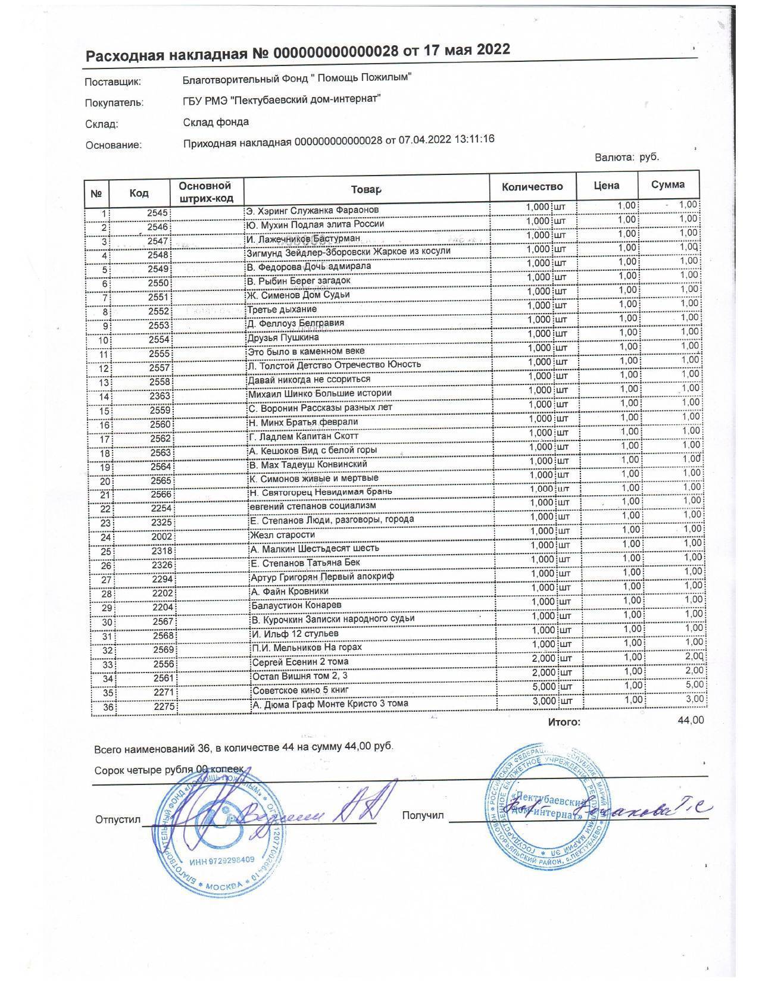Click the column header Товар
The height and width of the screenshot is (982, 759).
(x=365, y=189)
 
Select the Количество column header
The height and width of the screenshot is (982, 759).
(x=532, y=187)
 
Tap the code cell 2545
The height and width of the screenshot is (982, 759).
(x=158, y=213)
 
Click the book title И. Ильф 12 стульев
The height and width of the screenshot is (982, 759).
(x=295, y=633)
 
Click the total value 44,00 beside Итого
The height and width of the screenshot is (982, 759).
(x=691, y=720)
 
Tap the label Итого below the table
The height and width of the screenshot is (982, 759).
(x=561, y=722)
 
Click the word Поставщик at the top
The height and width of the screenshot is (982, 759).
(x=113, y=82)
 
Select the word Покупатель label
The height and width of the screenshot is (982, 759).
(x=114, y=102)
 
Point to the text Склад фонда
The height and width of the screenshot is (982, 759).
(x=216, y=122)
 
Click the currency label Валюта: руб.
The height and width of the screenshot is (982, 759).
(x=627, y=157)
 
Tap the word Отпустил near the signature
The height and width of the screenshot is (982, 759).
(x=117, y=820)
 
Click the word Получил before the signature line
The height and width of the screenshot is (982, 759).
(x=423, y=815)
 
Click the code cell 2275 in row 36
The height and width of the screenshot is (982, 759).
(x=161, y=707)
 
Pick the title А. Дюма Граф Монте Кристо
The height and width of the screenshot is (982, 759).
(x=330, y=704)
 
